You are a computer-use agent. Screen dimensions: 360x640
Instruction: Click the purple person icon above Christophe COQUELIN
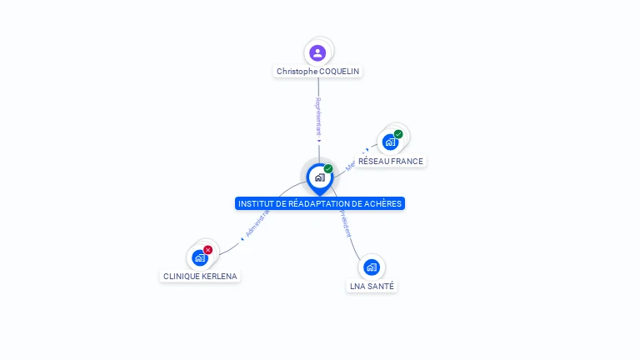317,52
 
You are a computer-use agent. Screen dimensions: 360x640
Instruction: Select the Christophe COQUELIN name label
317,72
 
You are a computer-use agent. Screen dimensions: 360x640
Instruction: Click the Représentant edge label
318,116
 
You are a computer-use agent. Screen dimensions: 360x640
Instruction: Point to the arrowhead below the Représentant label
318,141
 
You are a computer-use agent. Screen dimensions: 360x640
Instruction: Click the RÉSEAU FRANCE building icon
390,142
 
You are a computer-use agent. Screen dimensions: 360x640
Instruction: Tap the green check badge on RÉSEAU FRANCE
398,134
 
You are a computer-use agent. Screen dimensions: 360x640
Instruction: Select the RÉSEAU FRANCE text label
391,162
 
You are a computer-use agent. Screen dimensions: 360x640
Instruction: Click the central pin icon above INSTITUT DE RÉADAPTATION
319,177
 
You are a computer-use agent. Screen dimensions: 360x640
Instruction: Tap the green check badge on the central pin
328,169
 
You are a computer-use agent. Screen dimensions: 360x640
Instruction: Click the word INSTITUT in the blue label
255,204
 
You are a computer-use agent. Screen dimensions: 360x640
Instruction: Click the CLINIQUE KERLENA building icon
199,257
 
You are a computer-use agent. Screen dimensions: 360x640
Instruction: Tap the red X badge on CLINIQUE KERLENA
208,250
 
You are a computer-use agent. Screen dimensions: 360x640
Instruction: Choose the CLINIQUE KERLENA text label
200,277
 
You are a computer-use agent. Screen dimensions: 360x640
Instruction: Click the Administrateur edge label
258,222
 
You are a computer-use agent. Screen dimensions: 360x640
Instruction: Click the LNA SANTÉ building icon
372,267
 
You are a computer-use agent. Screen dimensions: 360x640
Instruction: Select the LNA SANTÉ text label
372,287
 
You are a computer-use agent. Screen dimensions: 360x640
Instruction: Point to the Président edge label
344,222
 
